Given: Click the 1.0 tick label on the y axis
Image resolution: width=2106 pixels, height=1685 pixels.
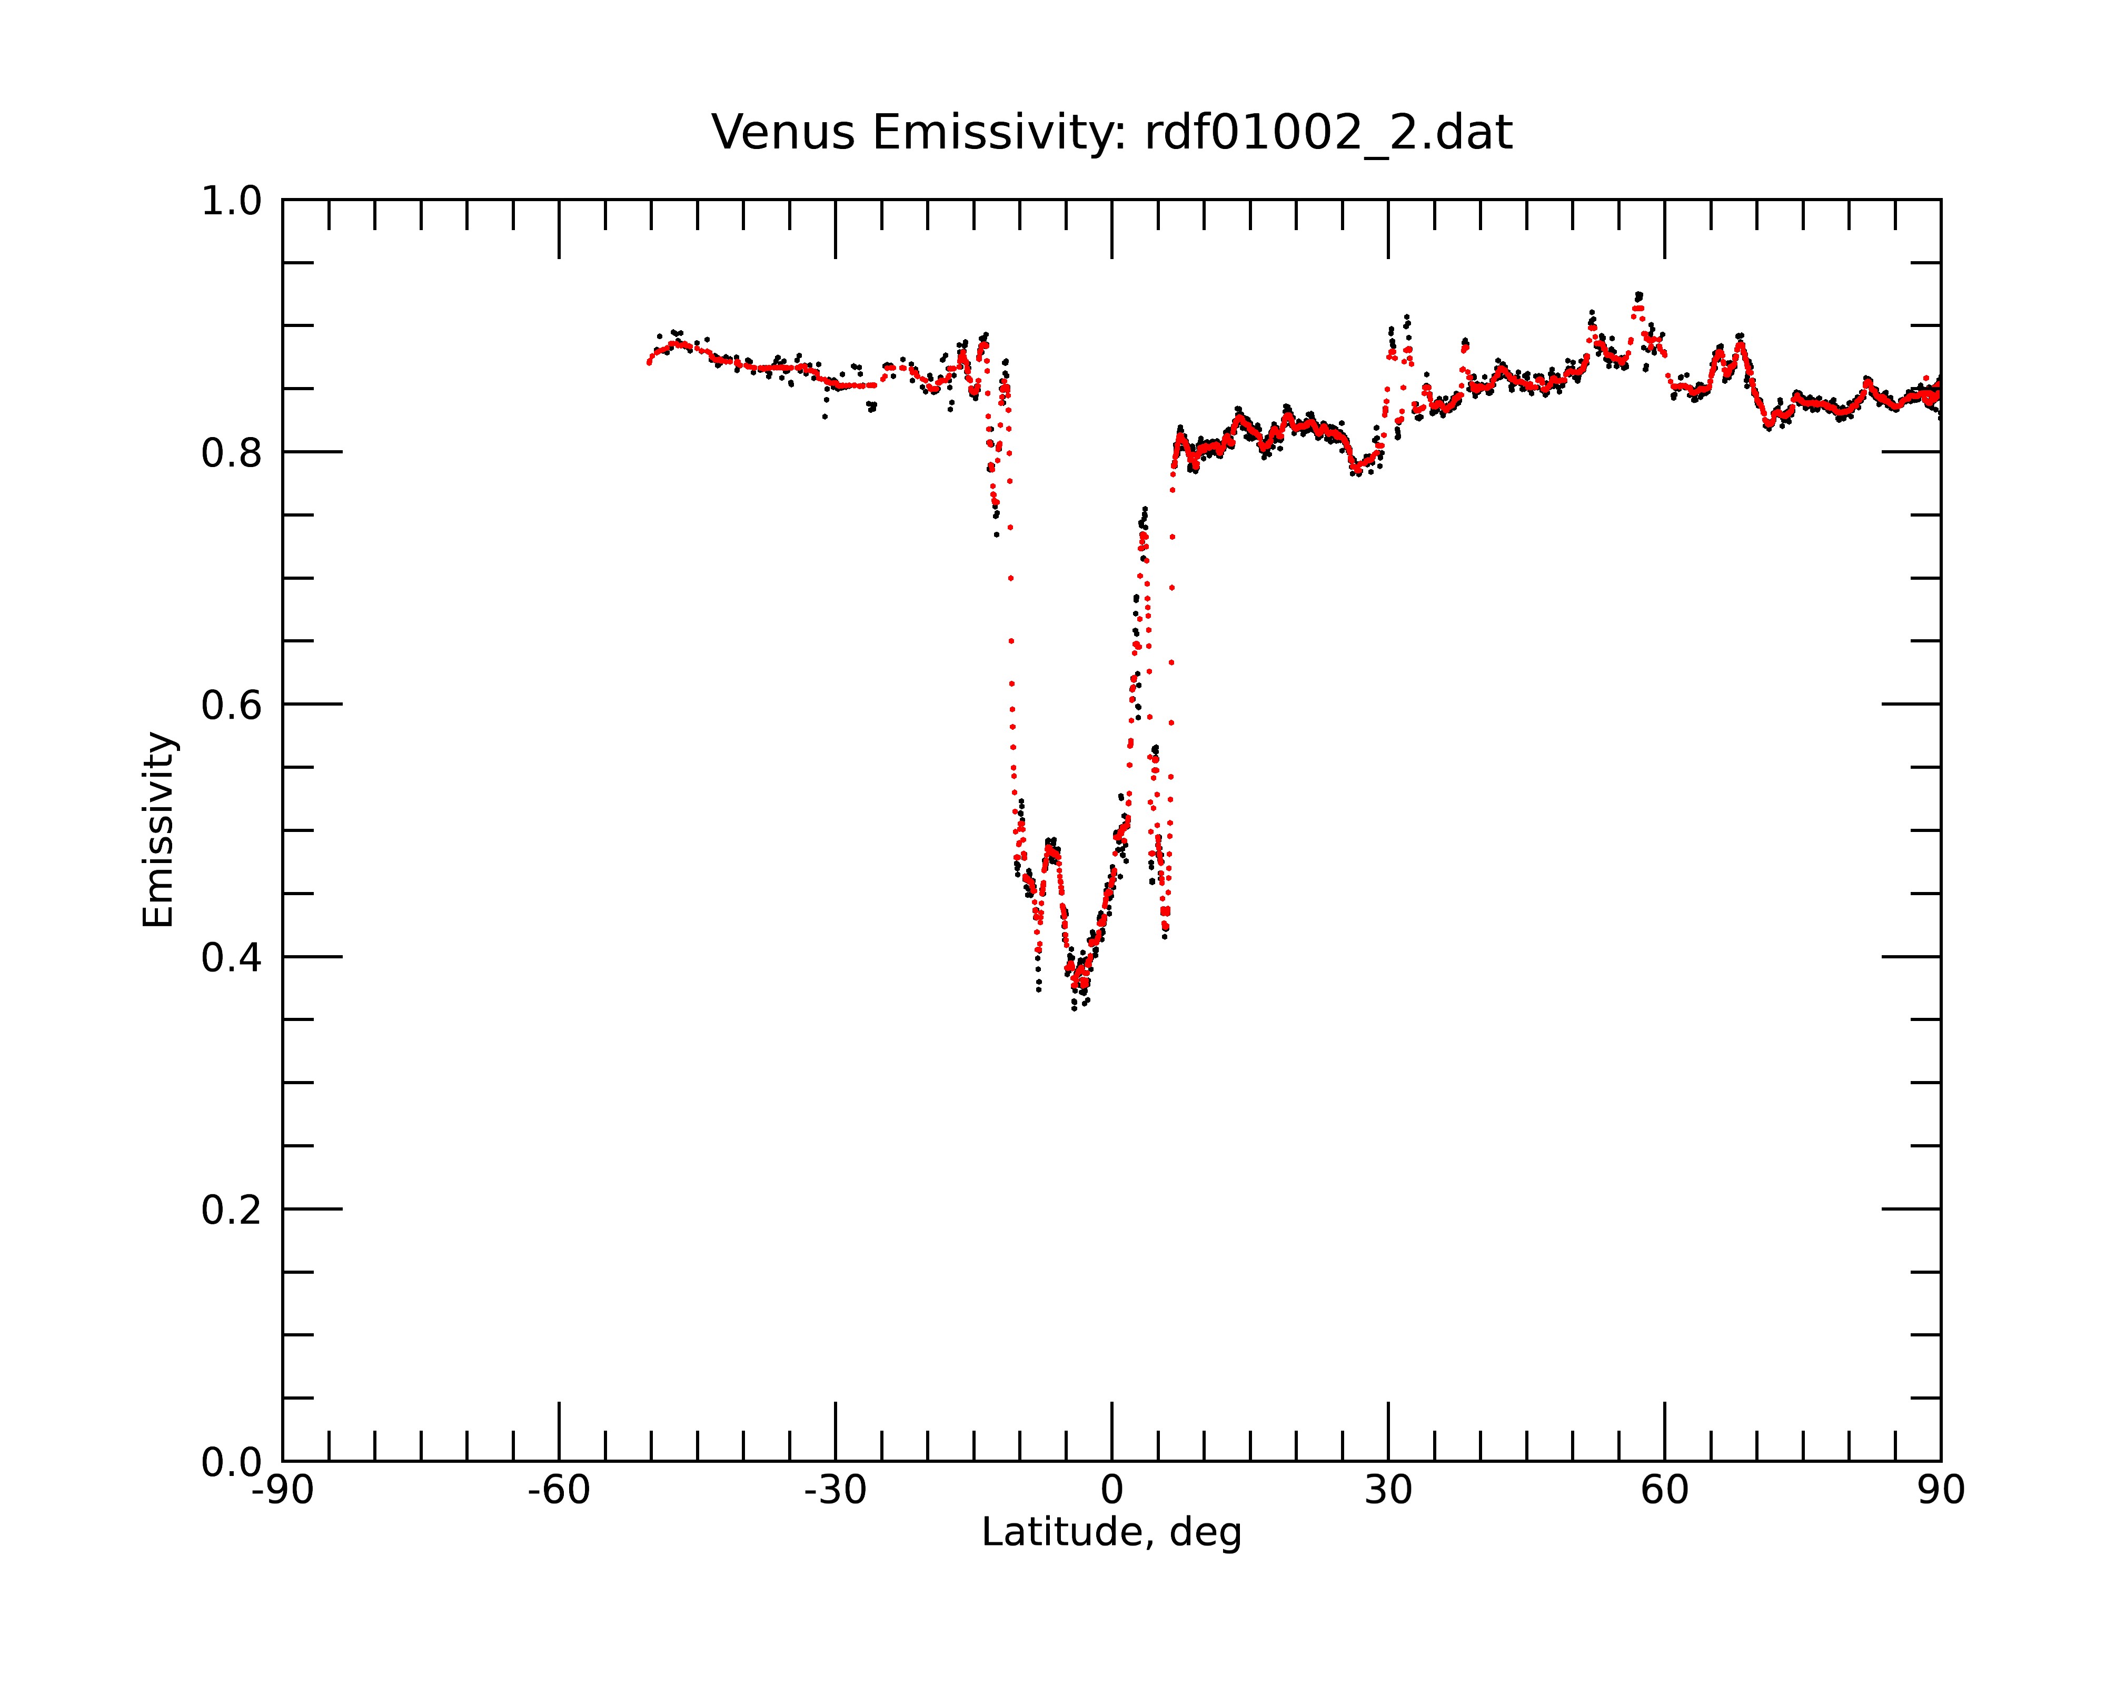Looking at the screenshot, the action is [232, 201].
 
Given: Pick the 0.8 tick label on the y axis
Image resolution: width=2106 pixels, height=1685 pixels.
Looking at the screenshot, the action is [232, 453].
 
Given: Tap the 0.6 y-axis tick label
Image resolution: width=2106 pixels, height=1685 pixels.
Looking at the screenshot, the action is [232, 705].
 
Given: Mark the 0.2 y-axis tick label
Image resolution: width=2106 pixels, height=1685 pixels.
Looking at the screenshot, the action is [232, 1210].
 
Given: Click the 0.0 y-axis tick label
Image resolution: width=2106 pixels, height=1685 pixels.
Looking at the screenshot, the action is [232, 1462].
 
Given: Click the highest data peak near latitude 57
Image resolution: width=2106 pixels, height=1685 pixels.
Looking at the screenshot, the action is [1638, 294].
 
